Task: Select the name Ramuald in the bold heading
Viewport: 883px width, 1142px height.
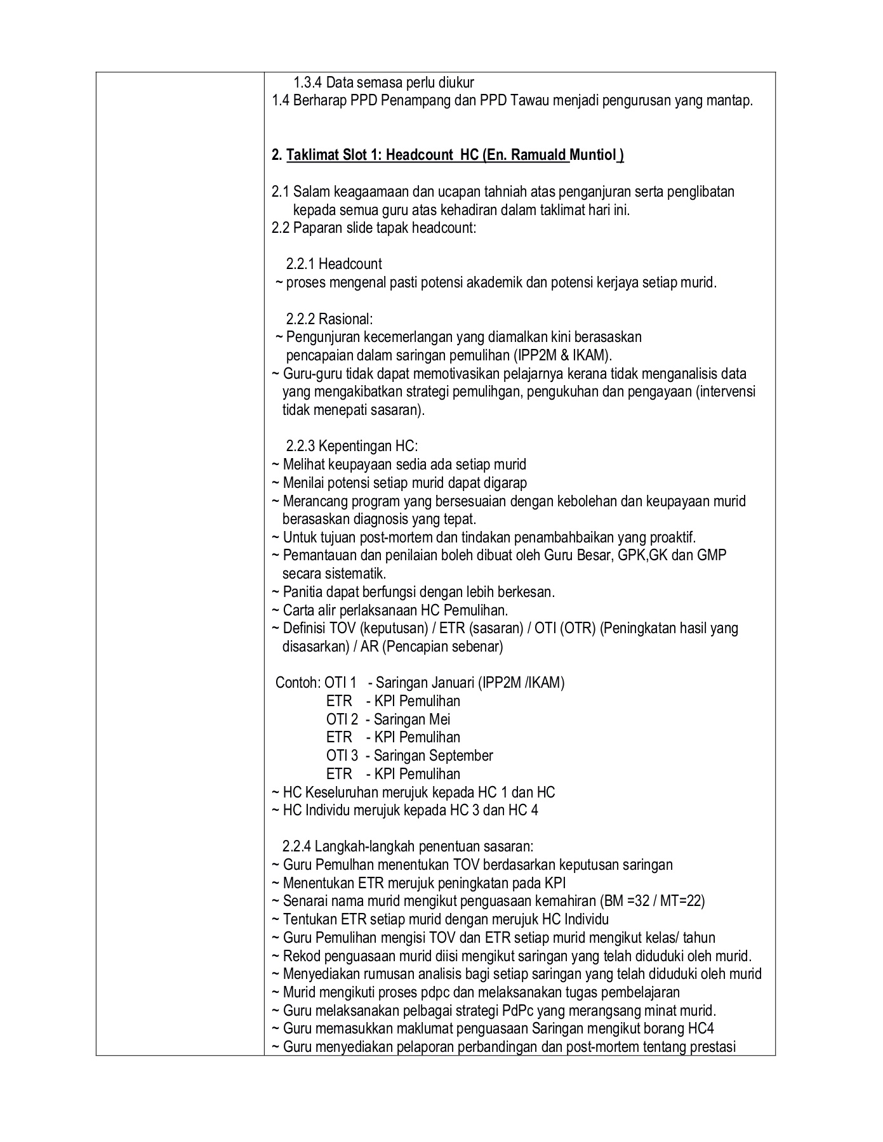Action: (x=538, y=155)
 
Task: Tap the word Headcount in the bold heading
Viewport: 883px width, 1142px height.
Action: (x=418, y=155)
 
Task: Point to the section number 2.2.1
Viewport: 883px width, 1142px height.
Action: (x=300, y=264)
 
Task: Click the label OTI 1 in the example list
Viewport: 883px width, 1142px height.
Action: (x=341, y=683)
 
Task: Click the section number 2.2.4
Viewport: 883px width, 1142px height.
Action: (x=296, y=846)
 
